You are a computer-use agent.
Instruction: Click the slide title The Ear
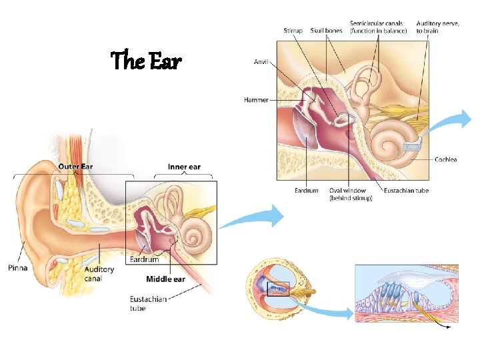pos(145,61)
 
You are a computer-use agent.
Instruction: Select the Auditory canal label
pos(99,273)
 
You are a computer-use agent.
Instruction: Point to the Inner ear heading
pos(185,167)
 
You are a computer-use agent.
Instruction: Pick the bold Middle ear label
pos(165,279)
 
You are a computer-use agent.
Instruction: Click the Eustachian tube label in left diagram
pos(148,303)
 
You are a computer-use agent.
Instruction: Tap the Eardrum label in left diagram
pos(144,259)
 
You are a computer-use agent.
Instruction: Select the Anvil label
pos(261,62)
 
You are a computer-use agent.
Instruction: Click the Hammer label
pos(256,100)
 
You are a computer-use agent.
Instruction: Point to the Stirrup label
pos(293,30)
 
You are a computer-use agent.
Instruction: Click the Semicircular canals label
pos(378,27)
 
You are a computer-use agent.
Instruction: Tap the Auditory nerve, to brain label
pos(438,27)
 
